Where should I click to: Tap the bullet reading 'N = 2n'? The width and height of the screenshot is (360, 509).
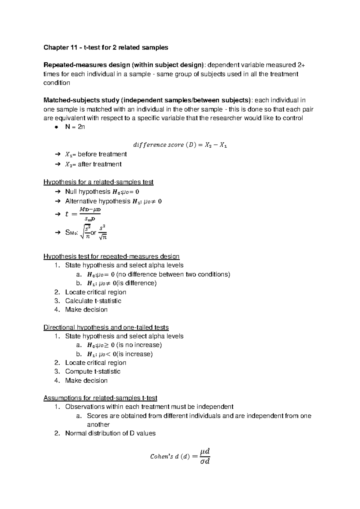pos(75,127)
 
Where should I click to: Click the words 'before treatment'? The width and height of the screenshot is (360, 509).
pos(102,154)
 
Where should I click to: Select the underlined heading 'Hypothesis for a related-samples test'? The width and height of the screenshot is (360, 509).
pos(98,182)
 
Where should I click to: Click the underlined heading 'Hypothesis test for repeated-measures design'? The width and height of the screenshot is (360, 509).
pos(111,257)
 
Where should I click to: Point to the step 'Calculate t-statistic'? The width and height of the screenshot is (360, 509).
pos(93,301)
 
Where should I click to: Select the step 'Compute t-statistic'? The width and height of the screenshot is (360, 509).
pos(93,372)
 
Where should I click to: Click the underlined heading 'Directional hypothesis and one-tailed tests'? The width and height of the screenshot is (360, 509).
pos(106,327)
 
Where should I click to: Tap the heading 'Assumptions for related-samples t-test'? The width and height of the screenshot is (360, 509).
pos(100,398)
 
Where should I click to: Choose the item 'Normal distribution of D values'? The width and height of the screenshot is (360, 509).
pos(110,433)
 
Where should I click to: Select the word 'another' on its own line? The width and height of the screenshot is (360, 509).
pos(98,425)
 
